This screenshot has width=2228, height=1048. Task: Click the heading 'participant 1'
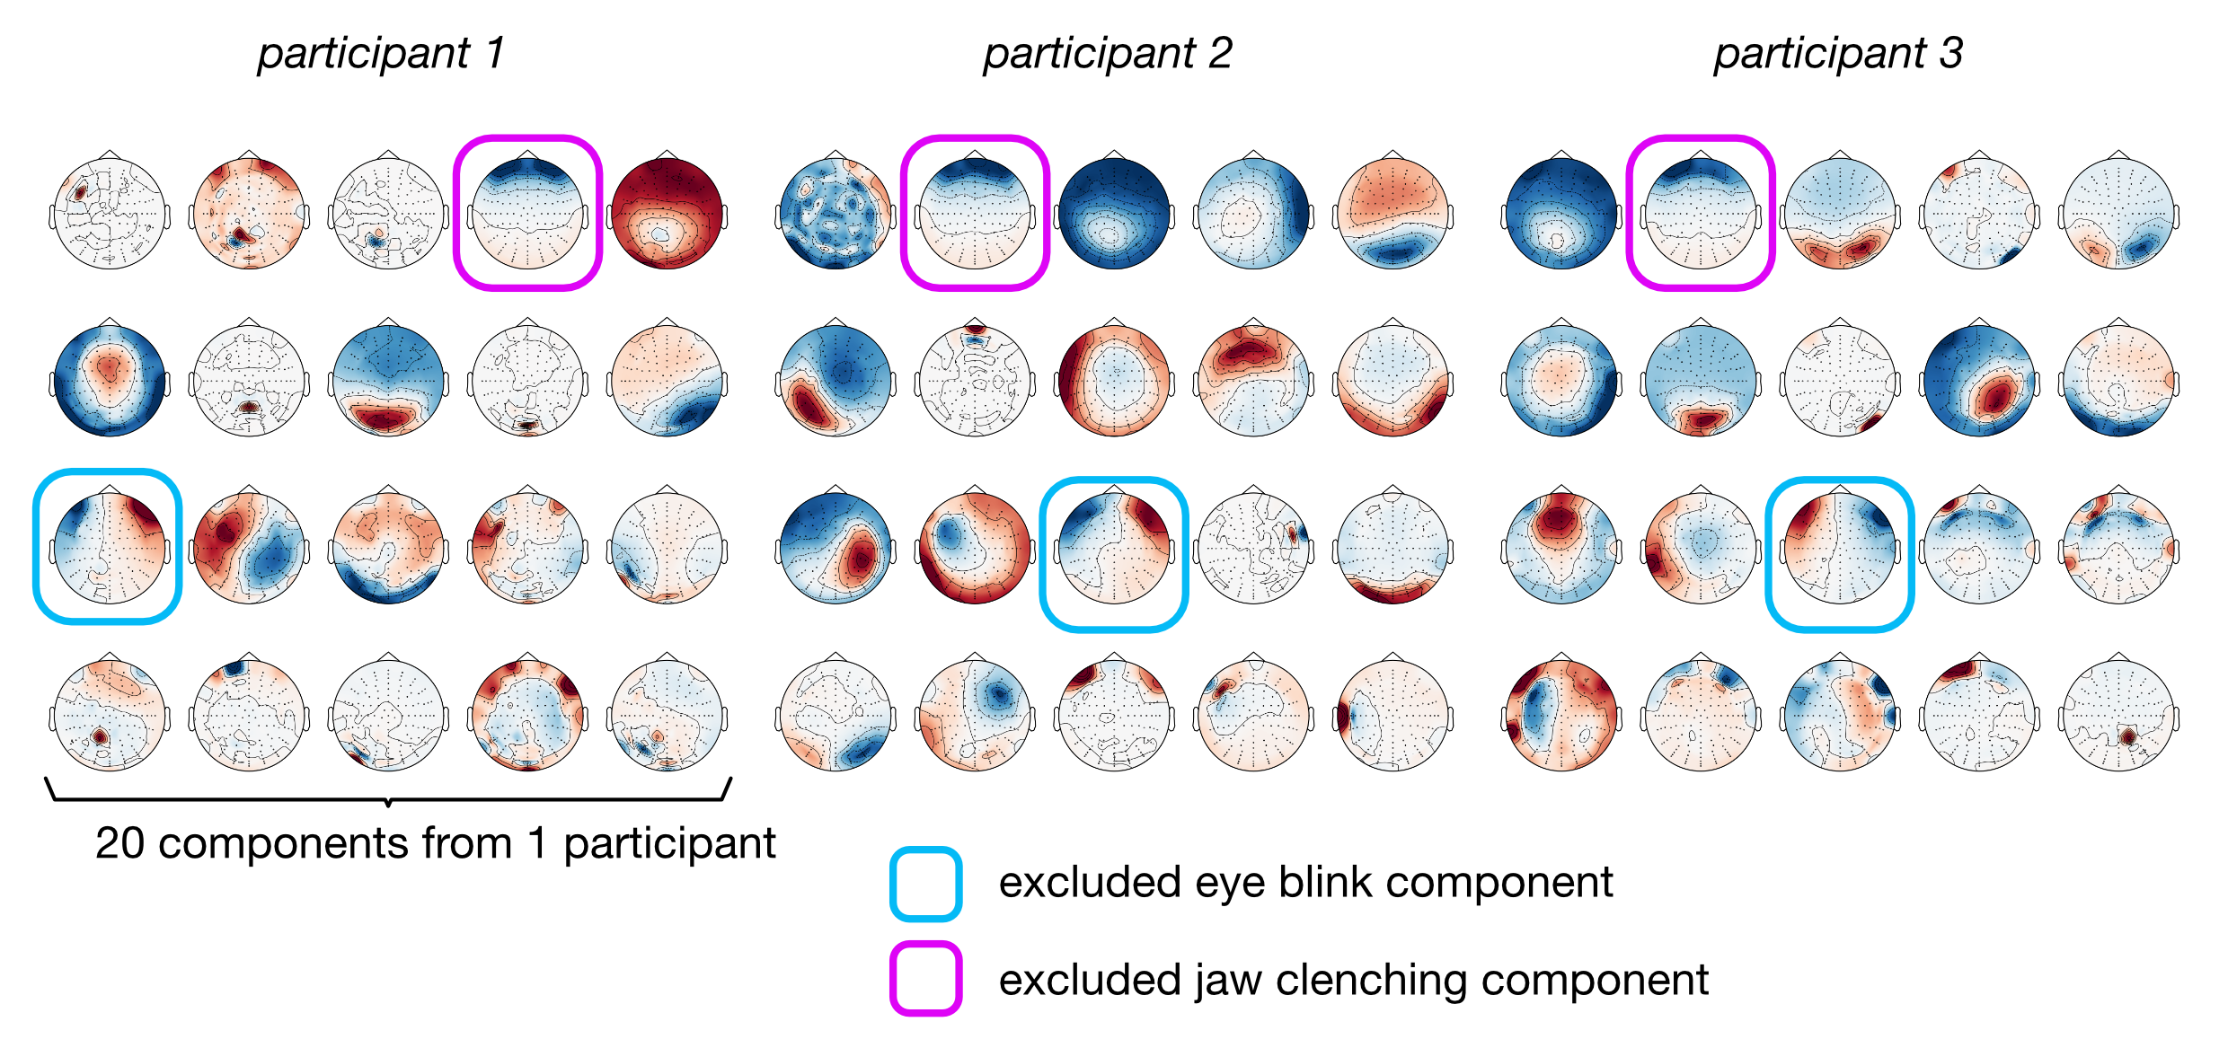(x=381, y=54)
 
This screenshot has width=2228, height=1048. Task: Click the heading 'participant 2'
(x=1107, y=54)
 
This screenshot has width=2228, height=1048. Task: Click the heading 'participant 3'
(x=1838, y=54)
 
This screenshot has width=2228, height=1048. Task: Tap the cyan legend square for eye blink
(x=925, y=884)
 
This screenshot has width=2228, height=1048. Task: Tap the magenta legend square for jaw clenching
(x=925, y=979)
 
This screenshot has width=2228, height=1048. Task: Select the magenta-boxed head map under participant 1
(x=527, y=213)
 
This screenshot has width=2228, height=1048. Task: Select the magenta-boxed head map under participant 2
(x=975, y=213)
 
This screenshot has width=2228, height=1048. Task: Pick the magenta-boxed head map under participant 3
(x=1701, y=213)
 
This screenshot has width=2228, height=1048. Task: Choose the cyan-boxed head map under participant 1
(x=109, y=546)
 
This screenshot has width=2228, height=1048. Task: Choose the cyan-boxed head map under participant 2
(x=1114, y=546)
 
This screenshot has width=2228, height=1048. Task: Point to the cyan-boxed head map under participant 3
(x=1840, y=546)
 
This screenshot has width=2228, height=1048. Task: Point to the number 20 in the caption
(x=119, y=843)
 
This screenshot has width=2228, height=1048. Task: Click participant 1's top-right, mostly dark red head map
(x=667, y=213)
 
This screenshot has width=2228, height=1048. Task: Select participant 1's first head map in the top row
(x=109, y=213)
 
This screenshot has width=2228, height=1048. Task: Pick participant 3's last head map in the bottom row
(x=2118, y=714)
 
